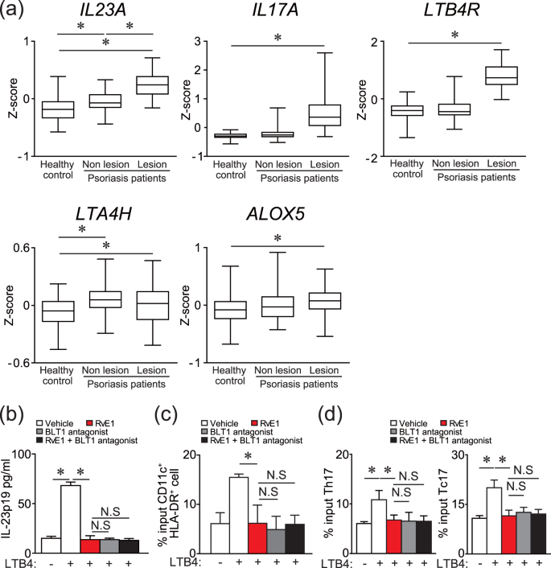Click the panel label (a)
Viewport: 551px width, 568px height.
click(x=17, y=12)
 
